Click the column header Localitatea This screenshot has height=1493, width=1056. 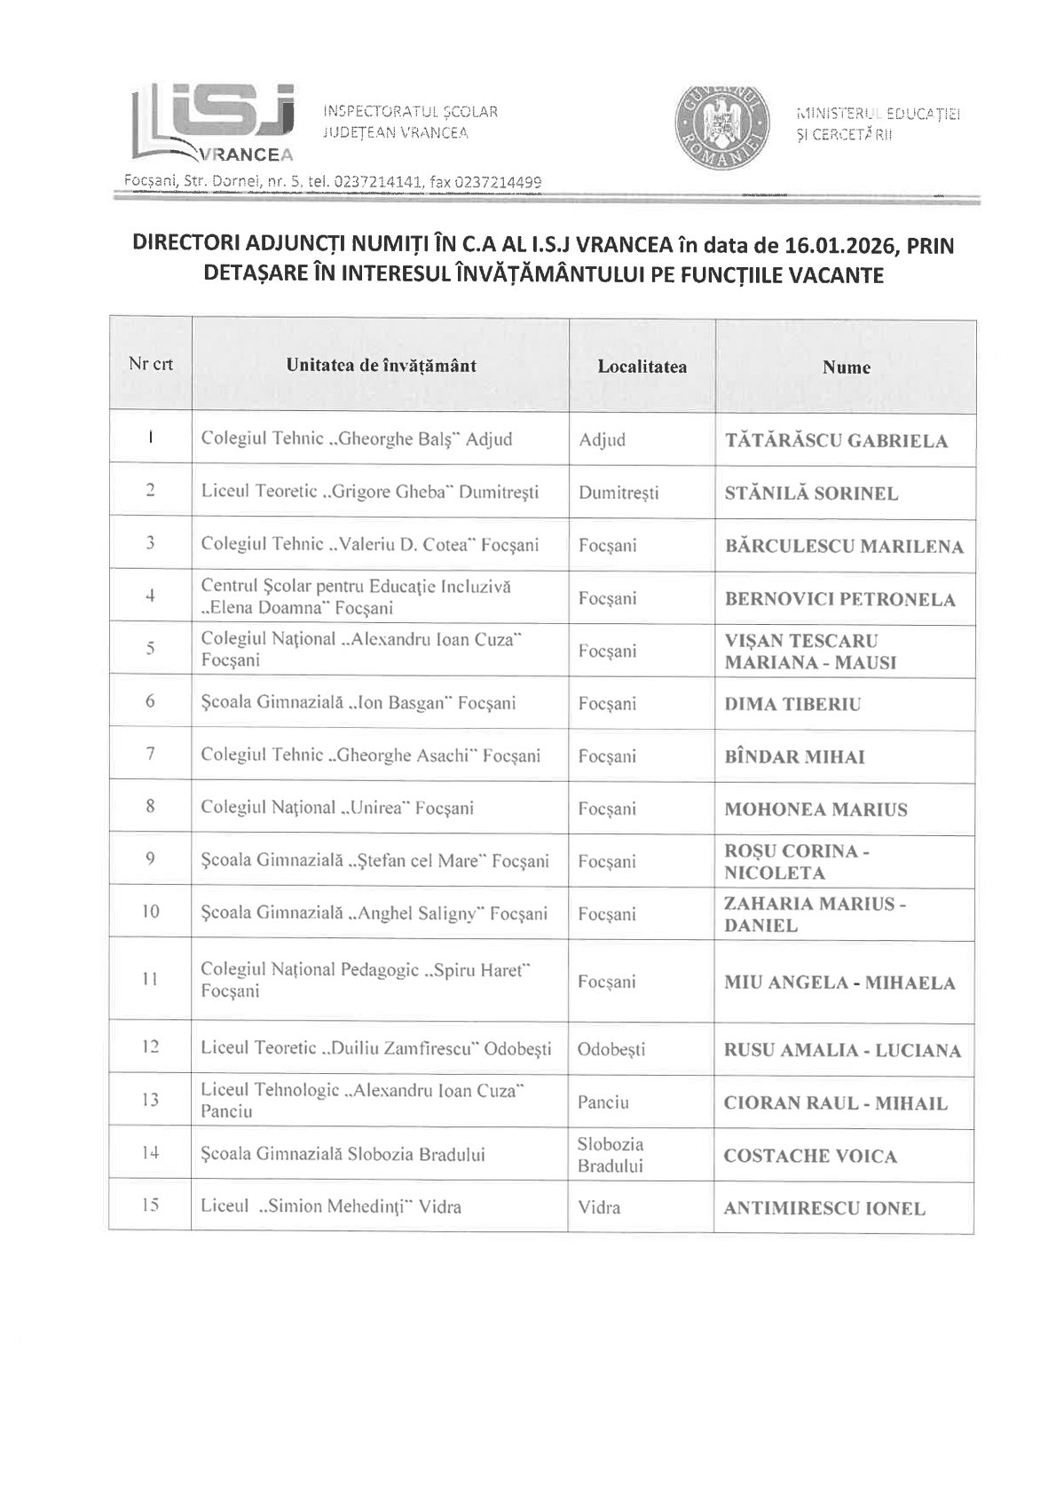[x=642, y=367]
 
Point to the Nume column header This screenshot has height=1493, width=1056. [x=846, y=367]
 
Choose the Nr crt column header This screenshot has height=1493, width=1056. [x=151, y=364]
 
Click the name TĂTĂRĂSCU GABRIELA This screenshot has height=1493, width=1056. [x=836, y=441]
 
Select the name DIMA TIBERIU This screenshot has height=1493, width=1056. [x=792, y=705]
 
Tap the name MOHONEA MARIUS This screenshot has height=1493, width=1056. [x=816, y=810]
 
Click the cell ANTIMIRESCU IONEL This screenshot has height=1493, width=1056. [x=824, y=1208]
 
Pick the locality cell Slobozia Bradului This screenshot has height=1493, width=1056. [x=611, y=1155]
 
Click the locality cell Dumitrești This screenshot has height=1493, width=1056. [x=619, y=493]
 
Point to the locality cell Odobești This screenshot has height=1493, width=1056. [x=611, y=1049]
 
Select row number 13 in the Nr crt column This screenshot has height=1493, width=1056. [x=151, y=1101]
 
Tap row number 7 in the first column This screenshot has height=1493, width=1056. [x=151, y=754]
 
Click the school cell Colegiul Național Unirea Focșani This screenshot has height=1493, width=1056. [x=337, y=808]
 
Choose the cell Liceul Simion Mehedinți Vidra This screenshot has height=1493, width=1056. [x=331, y=1207]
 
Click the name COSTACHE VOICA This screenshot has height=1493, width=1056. [x=810, y=1156]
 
